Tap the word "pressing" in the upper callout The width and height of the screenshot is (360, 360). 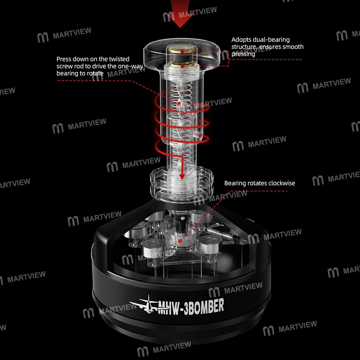(243, 54)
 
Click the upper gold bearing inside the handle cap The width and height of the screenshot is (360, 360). (182, 50)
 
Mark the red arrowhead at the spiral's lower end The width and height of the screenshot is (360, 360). (182, 176)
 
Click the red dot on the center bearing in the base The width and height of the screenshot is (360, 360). (180, 241)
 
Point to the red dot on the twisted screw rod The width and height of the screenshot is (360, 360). (179, 104)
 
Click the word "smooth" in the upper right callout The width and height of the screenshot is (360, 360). (293, 47)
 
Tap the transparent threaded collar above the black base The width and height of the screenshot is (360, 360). (181, 181)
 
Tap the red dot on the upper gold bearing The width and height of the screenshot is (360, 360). (182, 52)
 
